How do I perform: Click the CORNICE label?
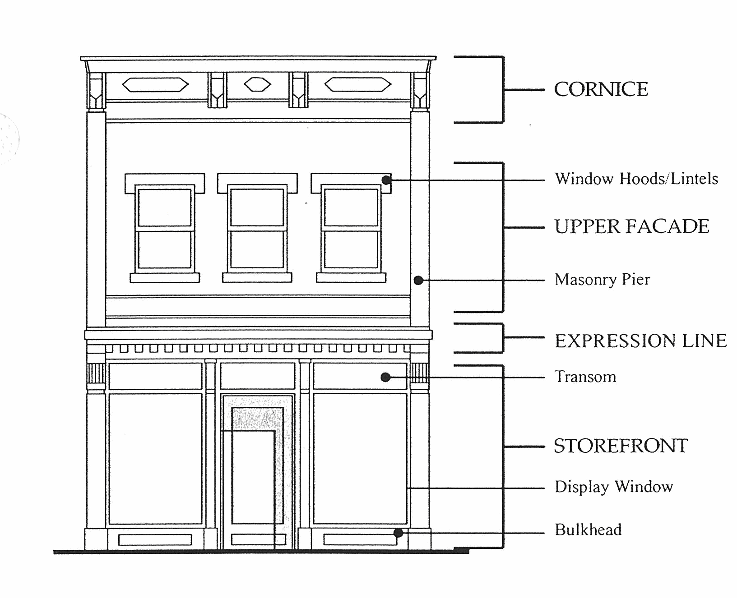(601, 89)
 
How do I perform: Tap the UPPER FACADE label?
(631, 226)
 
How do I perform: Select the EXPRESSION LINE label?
(640, 341)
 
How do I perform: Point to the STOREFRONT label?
(621, 446)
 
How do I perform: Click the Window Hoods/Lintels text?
(636, 179)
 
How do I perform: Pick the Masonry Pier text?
(602, 280)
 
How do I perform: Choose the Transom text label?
(585, 377)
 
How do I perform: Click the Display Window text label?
(614, 487)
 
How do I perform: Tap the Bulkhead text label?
(588, 529)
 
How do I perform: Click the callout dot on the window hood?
(386, 180)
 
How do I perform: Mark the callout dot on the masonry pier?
(418, 281)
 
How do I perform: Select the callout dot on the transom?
(385, 377)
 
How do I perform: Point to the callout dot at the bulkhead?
(398, 533)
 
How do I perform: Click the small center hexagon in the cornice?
(257, 84)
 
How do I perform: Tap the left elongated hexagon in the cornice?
(155, 84)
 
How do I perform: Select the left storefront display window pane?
(155, 458)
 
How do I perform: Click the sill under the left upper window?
(165, 278)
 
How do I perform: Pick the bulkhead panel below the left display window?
(155, 539)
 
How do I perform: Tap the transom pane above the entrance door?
(257, 376)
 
